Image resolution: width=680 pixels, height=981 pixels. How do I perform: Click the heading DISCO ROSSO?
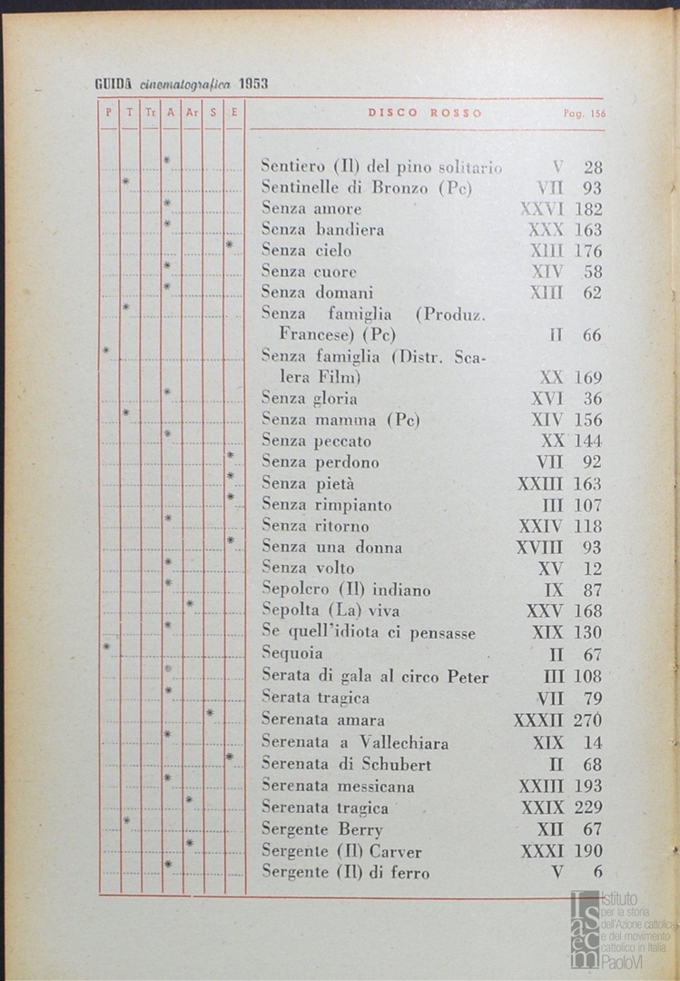point(425,114)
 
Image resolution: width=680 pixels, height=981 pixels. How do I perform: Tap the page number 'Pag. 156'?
point(584,114)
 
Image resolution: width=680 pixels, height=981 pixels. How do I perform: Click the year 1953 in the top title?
point(253,84)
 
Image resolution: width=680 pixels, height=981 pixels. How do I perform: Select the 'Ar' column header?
point(192,114)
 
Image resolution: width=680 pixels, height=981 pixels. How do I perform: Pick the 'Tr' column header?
point(151,114)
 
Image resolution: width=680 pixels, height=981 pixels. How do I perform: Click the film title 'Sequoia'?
point(292,653)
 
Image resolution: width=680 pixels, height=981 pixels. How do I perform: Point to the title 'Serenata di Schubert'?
point(346,764)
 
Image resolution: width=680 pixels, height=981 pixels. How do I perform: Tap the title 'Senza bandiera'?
point(322,230)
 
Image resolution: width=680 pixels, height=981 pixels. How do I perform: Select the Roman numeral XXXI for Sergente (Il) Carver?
point(542,852)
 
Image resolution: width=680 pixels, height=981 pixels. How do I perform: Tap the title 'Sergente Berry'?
point(322,829)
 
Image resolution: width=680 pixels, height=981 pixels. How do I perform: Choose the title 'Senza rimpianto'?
point(327,505)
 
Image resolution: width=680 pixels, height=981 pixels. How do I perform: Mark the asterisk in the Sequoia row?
point(107,647)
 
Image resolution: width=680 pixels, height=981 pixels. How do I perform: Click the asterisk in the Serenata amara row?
point(210,713)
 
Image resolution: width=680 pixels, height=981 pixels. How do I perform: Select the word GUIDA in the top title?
point(114,84)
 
